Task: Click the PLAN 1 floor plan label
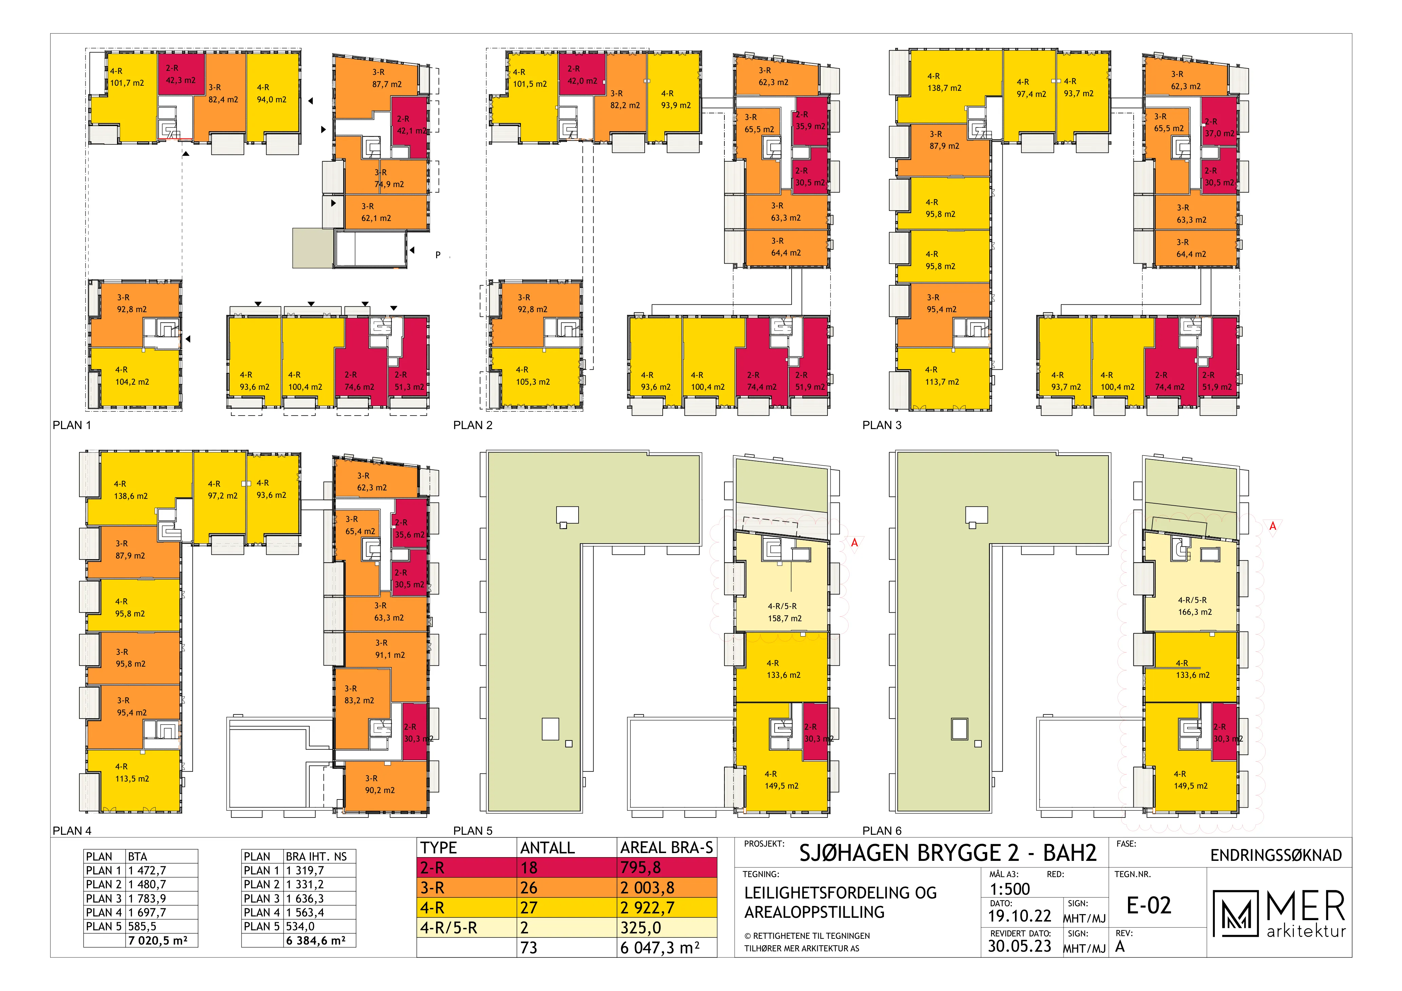point(72,425)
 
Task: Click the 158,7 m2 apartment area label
point(785,618)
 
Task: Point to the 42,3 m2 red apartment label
point(181,81)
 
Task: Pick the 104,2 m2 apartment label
point(132,382)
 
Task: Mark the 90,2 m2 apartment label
point(380,790)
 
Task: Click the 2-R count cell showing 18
point(529,867)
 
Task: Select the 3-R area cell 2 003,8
point(647,888)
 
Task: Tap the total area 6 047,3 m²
point(660,948)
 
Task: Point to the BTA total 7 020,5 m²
point(158,941)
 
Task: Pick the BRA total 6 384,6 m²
point(316,941)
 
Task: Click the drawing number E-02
point(1149,906)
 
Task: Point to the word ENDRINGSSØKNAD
point(1276,855)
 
